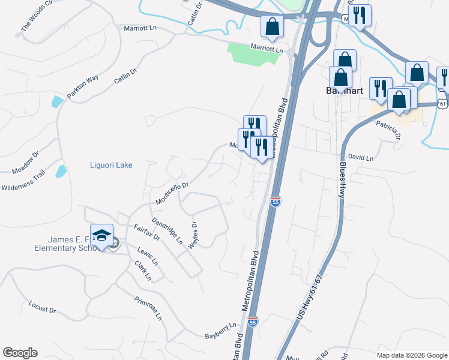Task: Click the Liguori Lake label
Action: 110,165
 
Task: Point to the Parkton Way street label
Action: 82,88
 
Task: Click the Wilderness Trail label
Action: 23,180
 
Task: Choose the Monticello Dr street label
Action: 172,193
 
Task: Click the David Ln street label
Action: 360,158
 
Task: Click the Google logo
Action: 20,353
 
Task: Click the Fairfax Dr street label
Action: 146,232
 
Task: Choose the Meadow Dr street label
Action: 25,163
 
